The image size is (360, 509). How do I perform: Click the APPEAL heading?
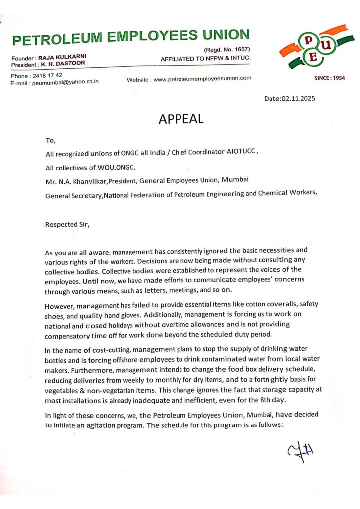tap(180, 119)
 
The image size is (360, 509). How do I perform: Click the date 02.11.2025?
tap(298, 98)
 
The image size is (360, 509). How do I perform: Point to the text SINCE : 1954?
tap(329, 78)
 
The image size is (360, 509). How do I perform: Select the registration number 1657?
tap(239, 50)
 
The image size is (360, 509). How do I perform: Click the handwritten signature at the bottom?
tap(301, 451)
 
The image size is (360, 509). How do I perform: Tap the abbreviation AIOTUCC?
tap(238, 154)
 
